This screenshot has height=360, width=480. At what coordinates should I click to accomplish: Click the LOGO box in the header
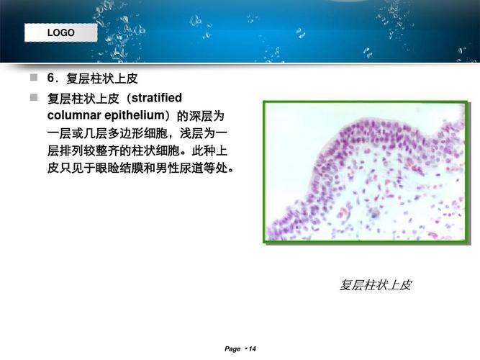60,33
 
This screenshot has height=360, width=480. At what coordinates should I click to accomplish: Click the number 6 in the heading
51,78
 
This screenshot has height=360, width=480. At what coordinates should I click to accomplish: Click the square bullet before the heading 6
33,78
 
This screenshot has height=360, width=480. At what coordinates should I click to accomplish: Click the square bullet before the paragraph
33,97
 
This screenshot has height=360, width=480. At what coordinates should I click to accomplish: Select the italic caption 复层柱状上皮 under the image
375,285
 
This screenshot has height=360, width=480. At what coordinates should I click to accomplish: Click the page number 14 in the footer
252,349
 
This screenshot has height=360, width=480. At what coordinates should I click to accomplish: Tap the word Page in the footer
232,349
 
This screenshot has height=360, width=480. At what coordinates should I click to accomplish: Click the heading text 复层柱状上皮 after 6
101,78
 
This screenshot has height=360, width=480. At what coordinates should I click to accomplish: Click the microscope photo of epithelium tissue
365,172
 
